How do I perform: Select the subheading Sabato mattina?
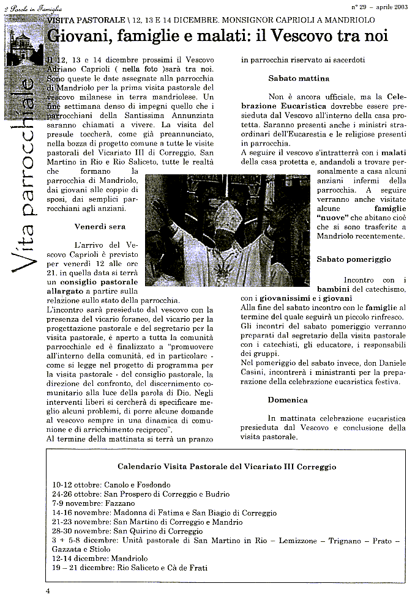(x=299, y=78)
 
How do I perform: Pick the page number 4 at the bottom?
(x=48, y=591)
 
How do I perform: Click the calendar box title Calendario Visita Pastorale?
(x=226, y=466)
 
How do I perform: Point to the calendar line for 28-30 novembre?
(x=119, y=531)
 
